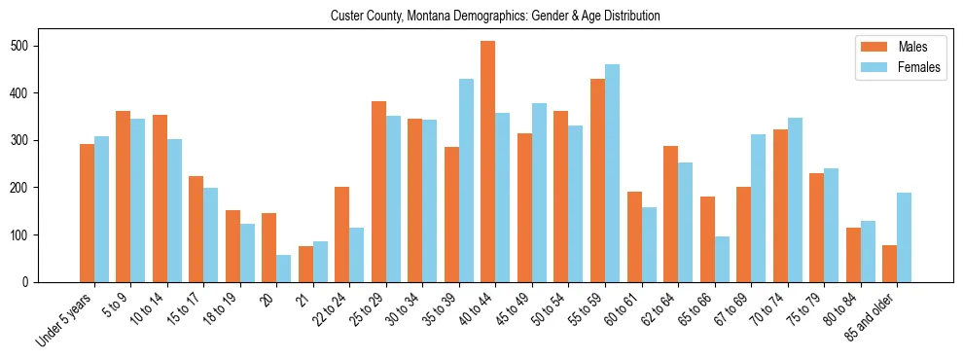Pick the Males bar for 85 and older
889,264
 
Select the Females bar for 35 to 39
466,180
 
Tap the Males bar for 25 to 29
378,192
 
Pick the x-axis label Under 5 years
66,321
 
